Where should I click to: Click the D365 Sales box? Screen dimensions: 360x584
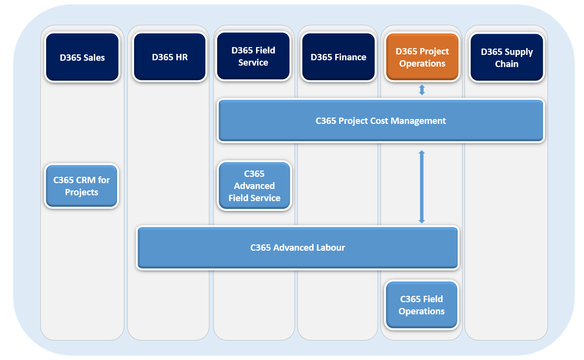point(82,57)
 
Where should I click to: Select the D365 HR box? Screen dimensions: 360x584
point(170,57)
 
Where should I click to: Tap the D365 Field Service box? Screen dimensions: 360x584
point(253,56)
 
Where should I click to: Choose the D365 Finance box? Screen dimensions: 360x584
point(338,57)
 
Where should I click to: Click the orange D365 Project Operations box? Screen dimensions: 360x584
point(422,57)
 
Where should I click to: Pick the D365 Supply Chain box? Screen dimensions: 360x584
point(507,58)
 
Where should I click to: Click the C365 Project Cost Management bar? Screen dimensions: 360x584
point(381,121)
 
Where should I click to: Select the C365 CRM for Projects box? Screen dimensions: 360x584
point(82,186)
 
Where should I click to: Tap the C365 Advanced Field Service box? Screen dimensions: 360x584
point(254,186)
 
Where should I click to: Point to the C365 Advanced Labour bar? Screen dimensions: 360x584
point(297,248)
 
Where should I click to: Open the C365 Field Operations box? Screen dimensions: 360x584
point(421,305)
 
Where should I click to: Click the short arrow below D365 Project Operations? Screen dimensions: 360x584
point(422,90)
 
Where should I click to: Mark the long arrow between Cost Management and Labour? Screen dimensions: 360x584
point(422,187)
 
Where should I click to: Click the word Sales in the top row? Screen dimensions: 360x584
point(94,57)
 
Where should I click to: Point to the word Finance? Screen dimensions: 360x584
point(351,57)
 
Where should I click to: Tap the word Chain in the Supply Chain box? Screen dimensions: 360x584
point(507,64)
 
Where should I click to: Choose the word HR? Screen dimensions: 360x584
point(182,57)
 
